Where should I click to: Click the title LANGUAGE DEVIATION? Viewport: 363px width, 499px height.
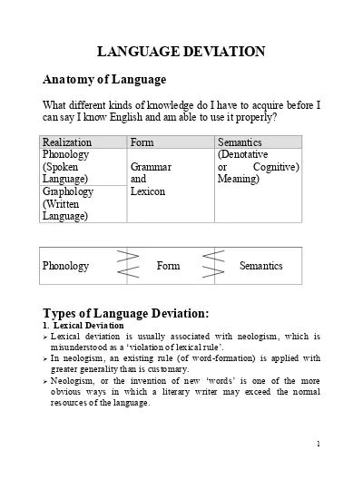181,52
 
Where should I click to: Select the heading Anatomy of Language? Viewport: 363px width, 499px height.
104,80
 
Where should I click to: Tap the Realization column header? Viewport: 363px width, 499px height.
66,142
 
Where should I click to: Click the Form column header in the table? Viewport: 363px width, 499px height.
142,142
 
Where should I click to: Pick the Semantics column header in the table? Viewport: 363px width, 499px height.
240,142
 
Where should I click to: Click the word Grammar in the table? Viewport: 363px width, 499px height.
152,168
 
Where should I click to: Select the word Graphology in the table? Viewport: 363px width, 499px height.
69,192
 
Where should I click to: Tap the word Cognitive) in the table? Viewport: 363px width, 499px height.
276,167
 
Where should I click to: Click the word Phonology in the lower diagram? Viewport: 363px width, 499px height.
66,266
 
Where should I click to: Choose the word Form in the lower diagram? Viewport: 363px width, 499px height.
169,266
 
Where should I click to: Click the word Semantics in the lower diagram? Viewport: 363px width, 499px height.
261,266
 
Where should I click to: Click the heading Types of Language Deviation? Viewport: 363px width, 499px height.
126,313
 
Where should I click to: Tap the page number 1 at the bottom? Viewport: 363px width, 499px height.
319,444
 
